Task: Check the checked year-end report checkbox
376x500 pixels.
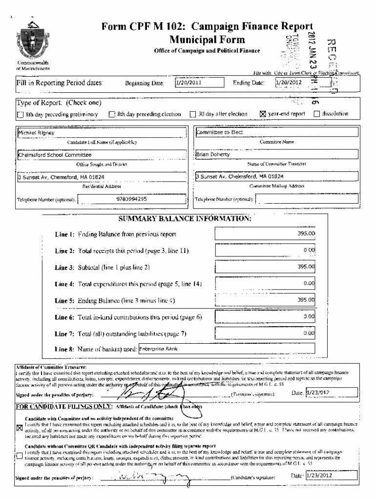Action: (x=263, y=114)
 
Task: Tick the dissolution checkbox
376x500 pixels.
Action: (x=316, y=114)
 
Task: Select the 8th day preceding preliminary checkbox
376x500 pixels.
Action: (x=20, y=115)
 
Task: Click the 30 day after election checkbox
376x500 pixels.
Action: (x=192, y=114)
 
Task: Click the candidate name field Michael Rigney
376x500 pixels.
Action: (x=102, y=132)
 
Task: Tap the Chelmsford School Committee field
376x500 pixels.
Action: (x=102, y=154)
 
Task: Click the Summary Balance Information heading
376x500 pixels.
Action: (x=185, y=218)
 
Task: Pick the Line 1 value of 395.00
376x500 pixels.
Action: (x=266, y=234)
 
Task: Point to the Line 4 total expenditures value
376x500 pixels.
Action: (x=266, y=283)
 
